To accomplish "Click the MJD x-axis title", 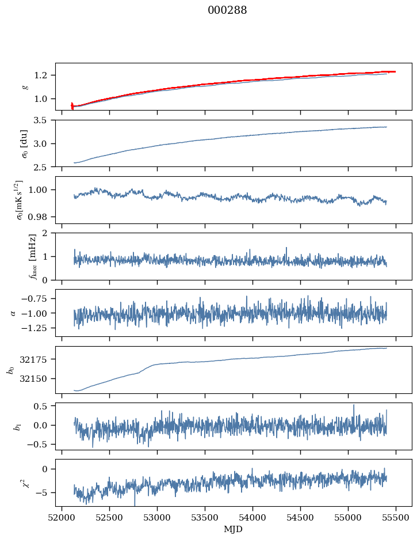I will pyautogui.click(x=234, y=529).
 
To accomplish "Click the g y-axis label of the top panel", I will pyautogui.click(x=25, y=86).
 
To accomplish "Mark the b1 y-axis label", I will pyautogui.click(x=10, y=426).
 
